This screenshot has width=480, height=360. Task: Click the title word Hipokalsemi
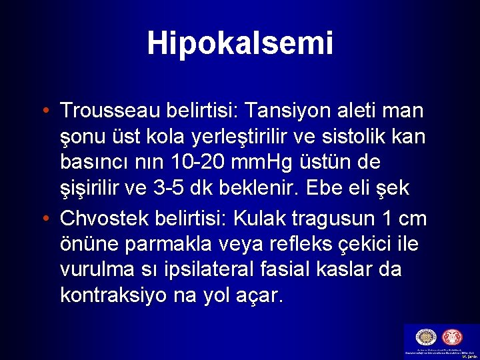[x=240, y=43]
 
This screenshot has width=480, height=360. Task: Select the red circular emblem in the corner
[x=456, y=337]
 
